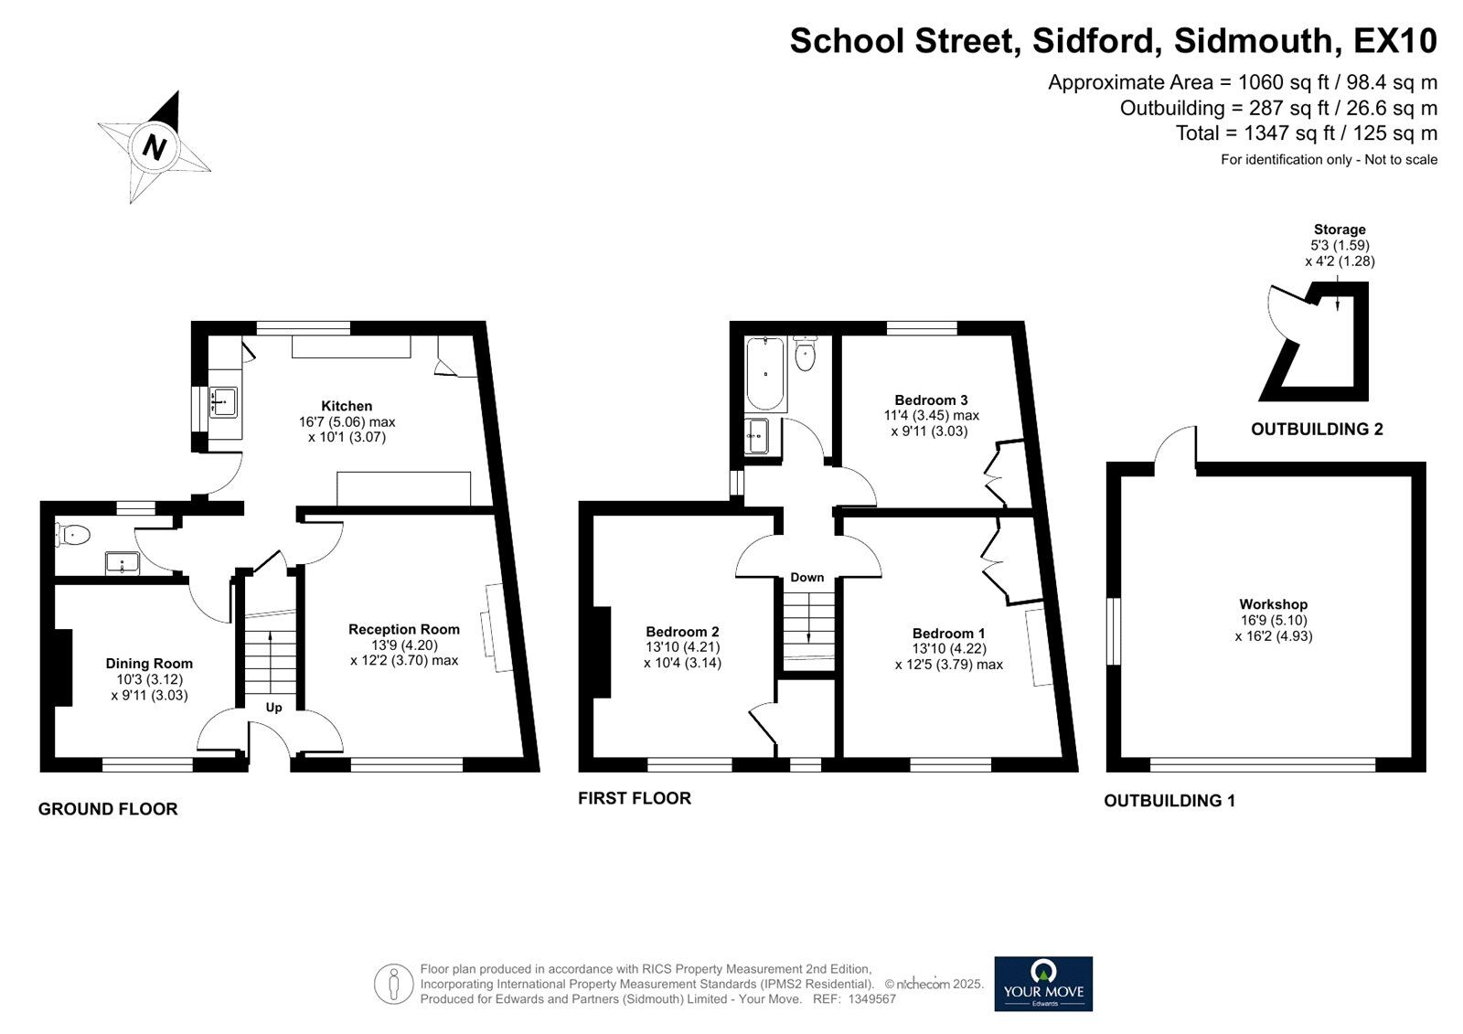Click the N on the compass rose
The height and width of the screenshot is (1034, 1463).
pos(155,146)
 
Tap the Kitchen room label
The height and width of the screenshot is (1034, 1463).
pos(347,406)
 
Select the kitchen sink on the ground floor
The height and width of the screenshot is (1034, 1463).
pos(222,400)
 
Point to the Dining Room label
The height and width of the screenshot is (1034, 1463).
pos(149,664)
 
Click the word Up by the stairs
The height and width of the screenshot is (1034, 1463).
pos(273,708)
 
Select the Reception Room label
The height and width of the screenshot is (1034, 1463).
pos(403,629)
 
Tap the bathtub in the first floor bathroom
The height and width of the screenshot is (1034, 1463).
pos(765,373)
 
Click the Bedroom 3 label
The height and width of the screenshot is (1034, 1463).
pos(931,400)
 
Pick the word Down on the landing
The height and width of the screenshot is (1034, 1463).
pos(806,578)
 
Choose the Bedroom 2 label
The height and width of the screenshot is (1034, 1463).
pos(682,632)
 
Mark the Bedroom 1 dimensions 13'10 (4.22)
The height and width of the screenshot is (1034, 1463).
pos(949,649)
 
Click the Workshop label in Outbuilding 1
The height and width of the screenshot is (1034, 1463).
pos(1273,604)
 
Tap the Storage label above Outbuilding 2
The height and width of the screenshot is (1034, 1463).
pos(1340,229)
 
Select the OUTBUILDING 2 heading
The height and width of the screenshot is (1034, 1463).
pos(1317,429)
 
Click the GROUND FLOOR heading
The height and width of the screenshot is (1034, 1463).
pos(108,809)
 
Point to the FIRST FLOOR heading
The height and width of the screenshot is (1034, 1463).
pos(635,798)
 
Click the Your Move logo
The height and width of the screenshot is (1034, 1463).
pos(1043,984)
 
